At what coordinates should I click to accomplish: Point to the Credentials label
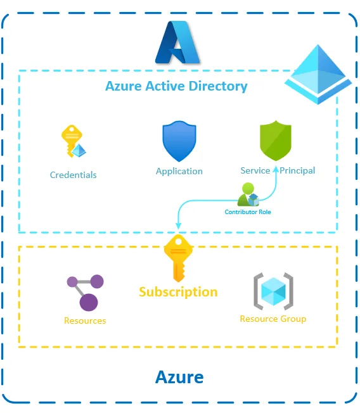74,175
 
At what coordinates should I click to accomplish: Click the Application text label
179,171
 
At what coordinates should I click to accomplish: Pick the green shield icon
276,141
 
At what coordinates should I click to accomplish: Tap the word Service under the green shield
255,170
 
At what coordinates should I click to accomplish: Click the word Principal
298,170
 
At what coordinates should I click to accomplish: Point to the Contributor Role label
248,212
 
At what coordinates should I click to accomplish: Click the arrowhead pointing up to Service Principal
276,168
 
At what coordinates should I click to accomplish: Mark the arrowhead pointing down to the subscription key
178,225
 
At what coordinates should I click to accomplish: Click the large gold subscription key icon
178,257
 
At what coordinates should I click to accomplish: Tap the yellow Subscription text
178,292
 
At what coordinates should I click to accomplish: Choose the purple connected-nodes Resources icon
85,292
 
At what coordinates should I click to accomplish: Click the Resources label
85,321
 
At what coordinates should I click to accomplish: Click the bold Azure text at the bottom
179,378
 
